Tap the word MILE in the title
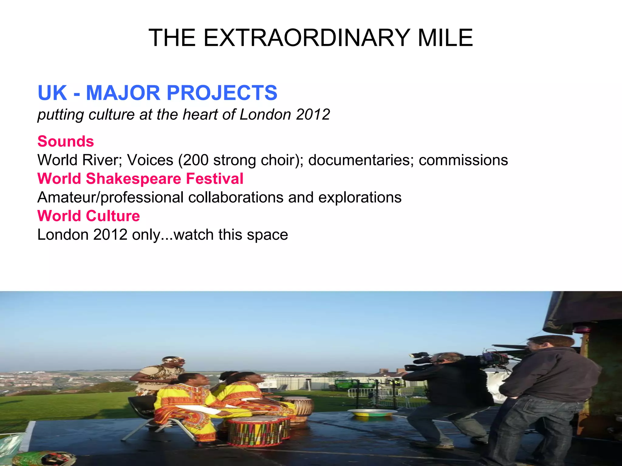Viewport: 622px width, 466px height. [x=445, y=38]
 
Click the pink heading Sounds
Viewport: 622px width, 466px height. [x=66, y=141]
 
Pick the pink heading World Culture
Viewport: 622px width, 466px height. [x=88, y=216]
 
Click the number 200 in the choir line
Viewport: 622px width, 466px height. [x=196, y=160]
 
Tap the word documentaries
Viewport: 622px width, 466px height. [x=361, y=160]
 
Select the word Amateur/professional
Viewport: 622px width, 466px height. [x=110, y=198]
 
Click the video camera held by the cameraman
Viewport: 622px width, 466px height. [x=422, y=361]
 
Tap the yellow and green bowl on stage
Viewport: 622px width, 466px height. [x=372, y=413]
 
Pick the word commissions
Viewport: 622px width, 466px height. [x=463, y=160]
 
